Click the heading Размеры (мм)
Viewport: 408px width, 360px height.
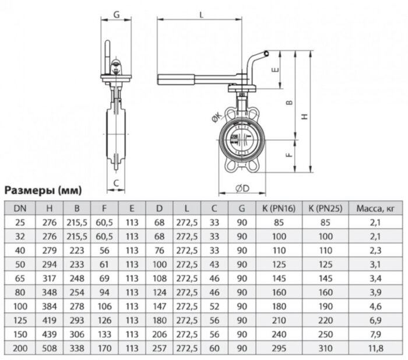[x=43, y=191]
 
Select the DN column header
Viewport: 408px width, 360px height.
[x=20, y=207]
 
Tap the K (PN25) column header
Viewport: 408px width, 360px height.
[x=325, y=207]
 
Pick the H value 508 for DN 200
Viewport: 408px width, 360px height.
[x=52, y=348]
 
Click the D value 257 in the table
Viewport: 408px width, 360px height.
[x=159, y=348]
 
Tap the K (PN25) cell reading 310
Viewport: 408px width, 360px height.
[x=325, y=348]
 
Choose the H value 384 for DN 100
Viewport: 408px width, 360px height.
[x=52, y=306]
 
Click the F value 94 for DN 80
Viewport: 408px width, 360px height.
[x=104, y=292]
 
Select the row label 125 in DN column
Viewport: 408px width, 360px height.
[x=20, y=320]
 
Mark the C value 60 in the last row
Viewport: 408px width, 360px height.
[x=214, y=348]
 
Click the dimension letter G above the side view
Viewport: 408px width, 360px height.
[x=117, y=14]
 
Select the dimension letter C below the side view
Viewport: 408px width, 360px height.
[x=117, y=183]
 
